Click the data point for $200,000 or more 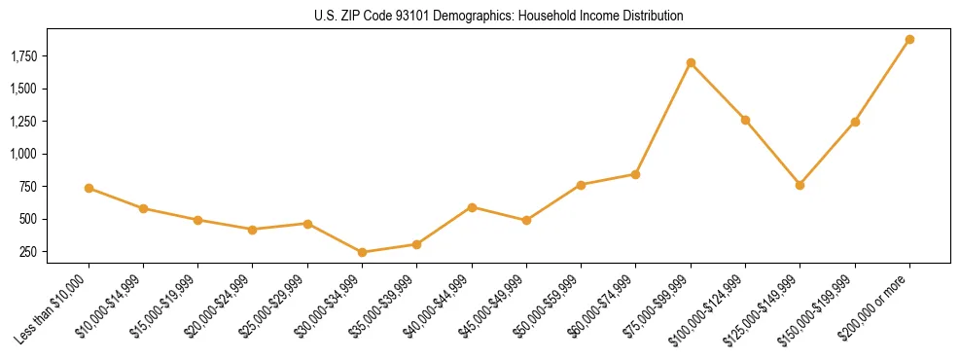pos(909,40)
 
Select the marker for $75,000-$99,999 pos(691,63)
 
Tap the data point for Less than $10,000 pos(89,188)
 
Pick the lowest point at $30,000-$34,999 pos(362,252)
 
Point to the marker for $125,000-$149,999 pos(800,185)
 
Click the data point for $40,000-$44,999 pos(472,207)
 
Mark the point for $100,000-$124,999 pos(745,120)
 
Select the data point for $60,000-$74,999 pos(635,174)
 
